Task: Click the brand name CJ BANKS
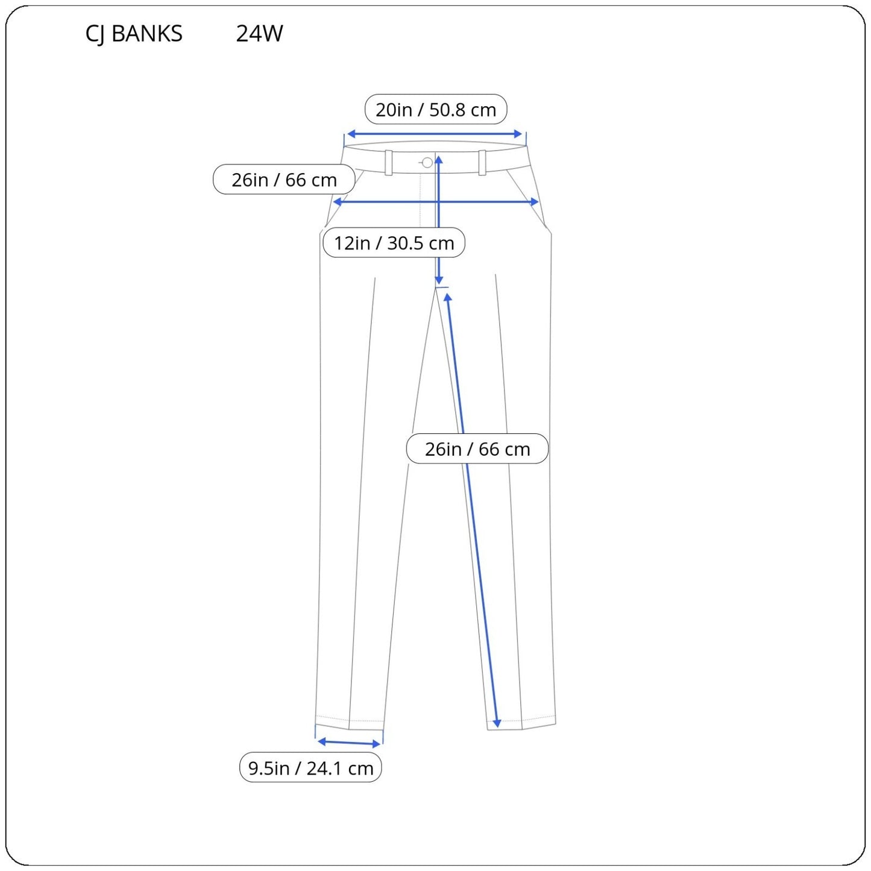(x=134, y=34)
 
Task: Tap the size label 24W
(x=259, y=34)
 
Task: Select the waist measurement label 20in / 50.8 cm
(x=436, y=110)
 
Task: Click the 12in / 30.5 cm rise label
(x=394, y=243)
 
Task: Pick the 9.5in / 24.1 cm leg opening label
(x=310, y=768)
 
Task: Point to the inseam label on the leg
(x=477, y=449)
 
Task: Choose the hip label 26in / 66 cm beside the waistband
(x=284, y=180)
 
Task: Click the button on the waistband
(x=427, y=163)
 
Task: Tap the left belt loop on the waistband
(x=389, y=163)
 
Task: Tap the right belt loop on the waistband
(x=482, y=163)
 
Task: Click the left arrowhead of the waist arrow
(x=350, y=134)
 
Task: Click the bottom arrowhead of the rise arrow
(x=439, y=280)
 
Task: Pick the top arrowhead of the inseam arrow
(x=448, y=298)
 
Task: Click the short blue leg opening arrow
(x=349, y=743)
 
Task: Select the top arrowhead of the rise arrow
(x=439, y=160)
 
